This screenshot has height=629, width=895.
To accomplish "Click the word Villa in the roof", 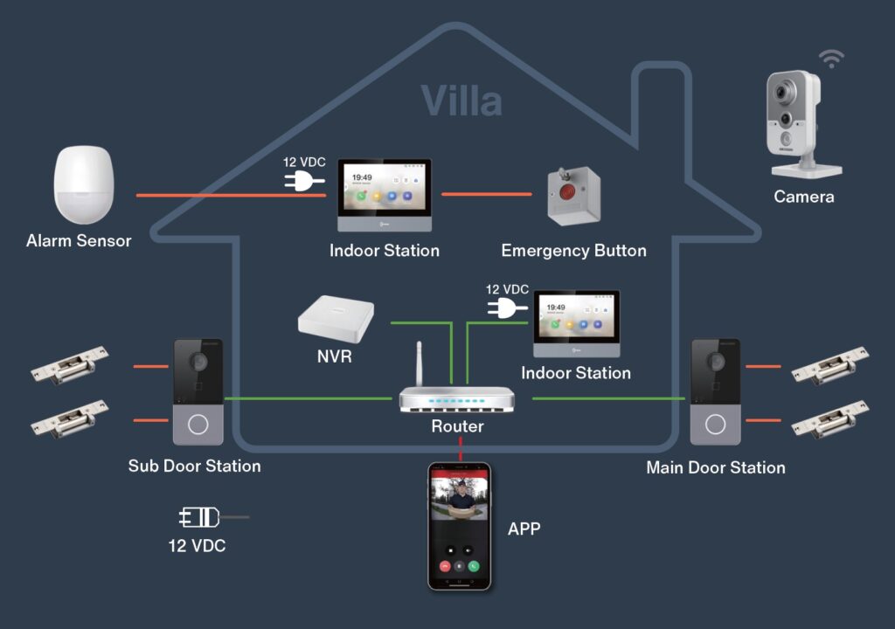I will (461, 100).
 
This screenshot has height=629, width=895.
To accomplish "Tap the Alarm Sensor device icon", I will (84, 184).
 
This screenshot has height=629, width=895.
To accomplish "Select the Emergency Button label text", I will (573, 251).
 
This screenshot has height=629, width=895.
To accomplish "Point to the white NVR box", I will (336, 316).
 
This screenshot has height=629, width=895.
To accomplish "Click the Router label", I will (457, 426).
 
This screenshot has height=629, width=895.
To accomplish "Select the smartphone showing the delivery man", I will (459, 526).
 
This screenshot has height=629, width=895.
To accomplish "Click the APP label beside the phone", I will (524, 529).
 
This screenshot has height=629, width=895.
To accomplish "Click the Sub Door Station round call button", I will (198, 425).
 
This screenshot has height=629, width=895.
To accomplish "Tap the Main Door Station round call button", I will (716, 425).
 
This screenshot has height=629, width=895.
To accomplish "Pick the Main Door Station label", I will (715, 467).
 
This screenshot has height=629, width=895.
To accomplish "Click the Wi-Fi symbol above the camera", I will (831, 59).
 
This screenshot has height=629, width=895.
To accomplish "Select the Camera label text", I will (803, 197).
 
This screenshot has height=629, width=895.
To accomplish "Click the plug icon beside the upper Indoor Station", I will (303, 181).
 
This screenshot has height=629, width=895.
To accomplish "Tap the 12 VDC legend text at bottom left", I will (197, 546).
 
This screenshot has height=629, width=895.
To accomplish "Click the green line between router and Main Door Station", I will (607, 398).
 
